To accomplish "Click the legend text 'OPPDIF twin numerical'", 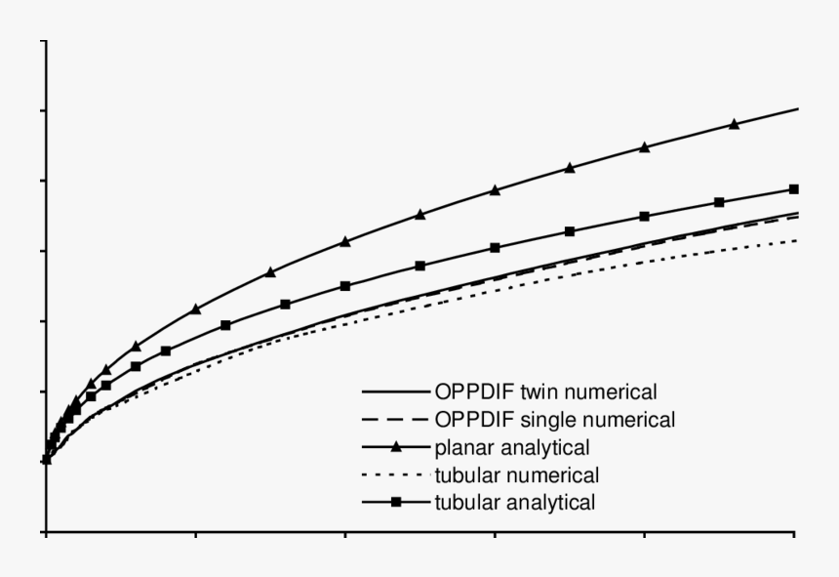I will [545, 392].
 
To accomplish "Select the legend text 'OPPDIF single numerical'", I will [554, 420].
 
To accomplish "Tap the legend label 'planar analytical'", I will [512, 448].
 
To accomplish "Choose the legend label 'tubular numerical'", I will [516, 475].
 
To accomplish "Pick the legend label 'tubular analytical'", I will [515, 504].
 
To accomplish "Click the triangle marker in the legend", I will [396, 448].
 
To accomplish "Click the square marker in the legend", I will [396, 504].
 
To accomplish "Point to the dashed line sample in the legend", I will [396, 420].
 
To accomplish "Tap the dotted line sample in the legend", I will [396, 475].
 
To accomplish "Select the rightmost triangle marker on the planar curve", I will [734, 124].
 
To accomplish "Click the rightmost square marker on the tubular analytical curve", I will [793, 188].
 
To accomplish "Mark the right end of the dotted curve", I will [796, 240].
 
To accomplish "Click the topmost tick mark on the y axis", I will [43, 41].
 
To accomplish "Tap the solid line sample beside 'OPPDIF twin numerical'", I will [396, 392].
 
